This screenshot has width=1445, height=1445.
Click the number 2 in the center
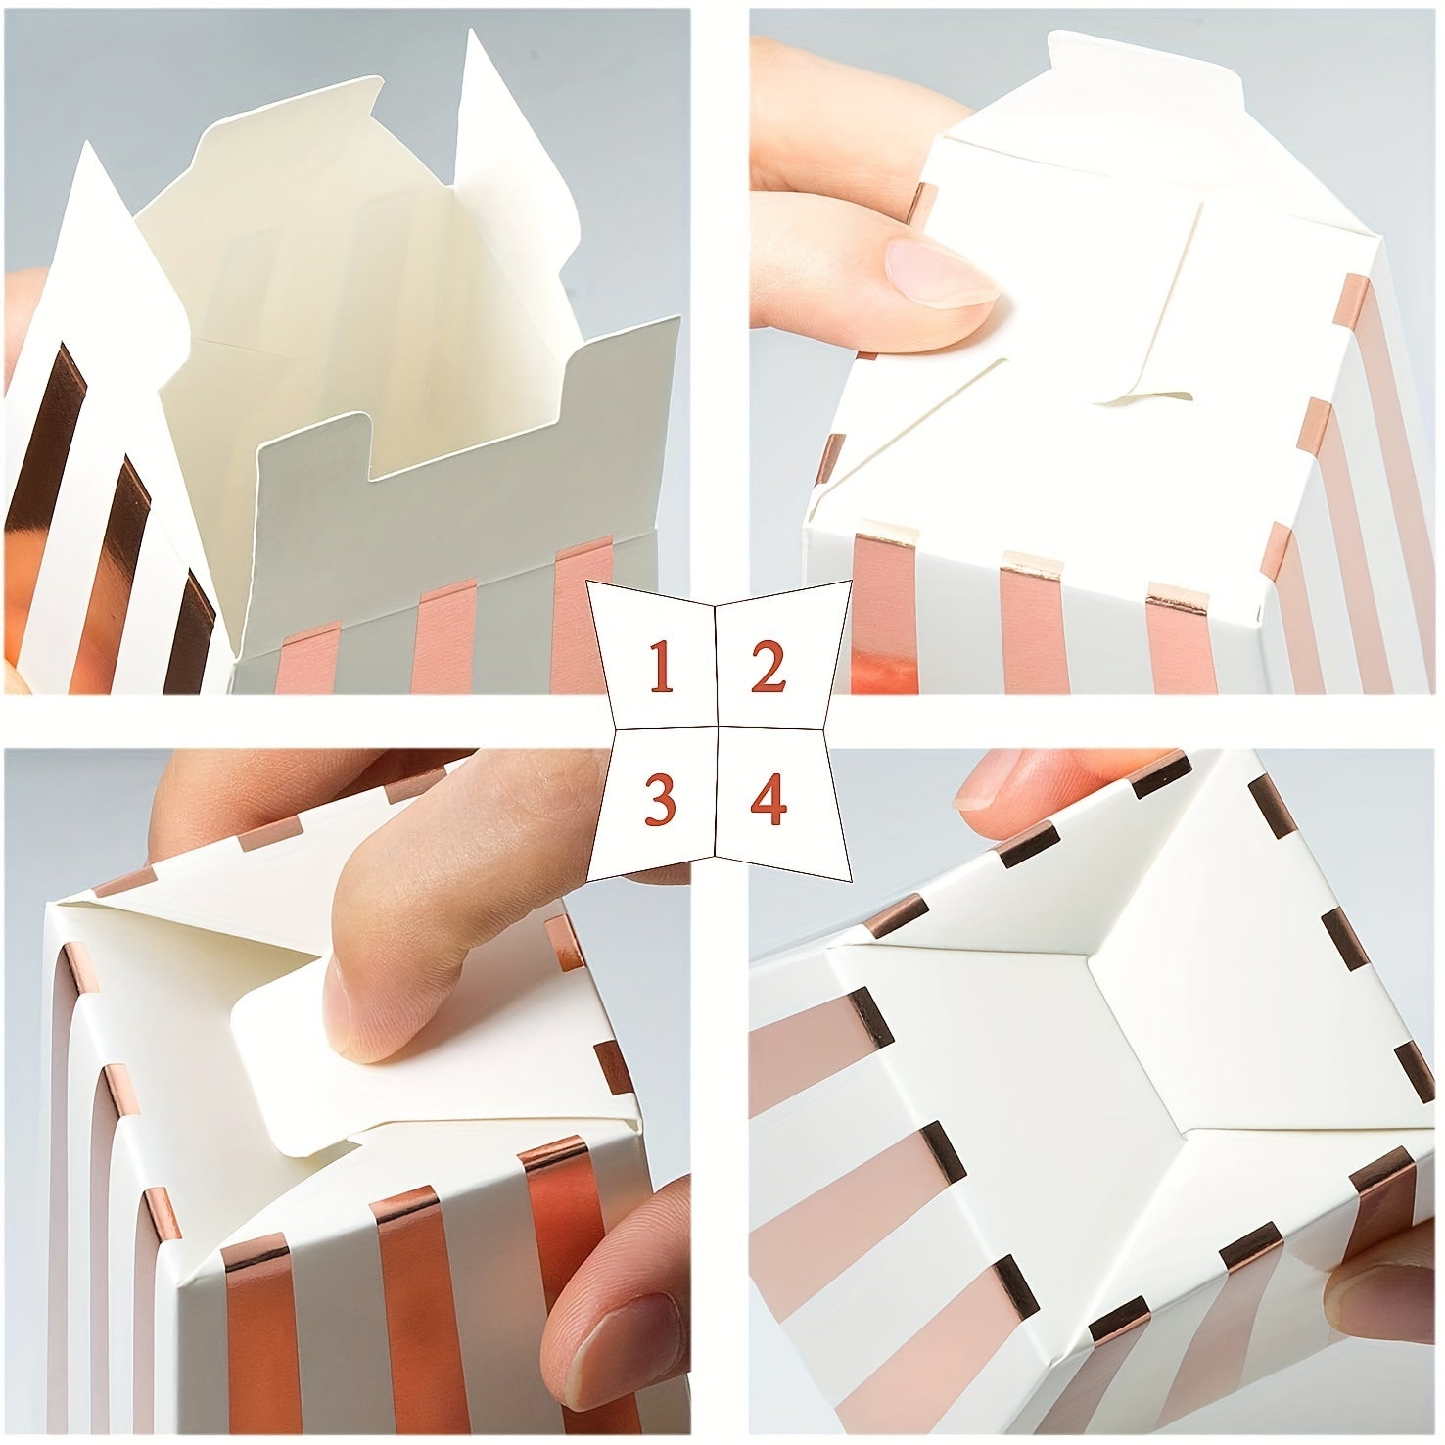[769, 668]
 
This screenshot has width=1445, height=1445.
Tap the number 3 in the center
[660, 800]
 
